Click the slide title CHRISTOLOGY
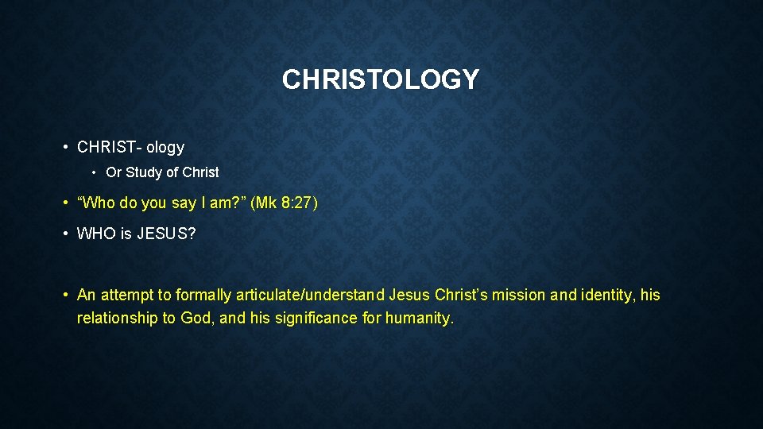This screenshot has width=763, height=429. click(x=381, y=79)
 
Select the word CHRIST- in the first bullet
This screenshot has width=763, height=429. click(x=109, y=147)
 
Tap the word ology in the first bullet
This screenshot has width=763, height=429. click(x=165, y=148)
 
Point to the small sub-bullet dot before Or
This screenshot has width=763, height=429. click(x=94, y=172)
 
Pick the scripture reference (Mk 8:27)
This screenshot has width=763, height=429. click(x=284, y=203)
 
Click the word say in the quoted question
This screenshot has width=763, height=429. click(x=184, y=203)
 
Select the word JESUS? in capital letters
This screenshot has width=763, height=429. click(x=168, y=234)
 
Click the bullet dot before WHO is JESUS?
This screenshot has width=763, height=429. click(x=65, y=234)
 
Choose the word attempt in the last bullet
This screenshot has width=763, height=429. click(x=126, y=296)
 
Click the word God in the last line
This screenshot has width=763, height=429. click(x=196, y=319)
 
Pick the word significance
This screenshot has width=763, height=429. click(x=312, y=319)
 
